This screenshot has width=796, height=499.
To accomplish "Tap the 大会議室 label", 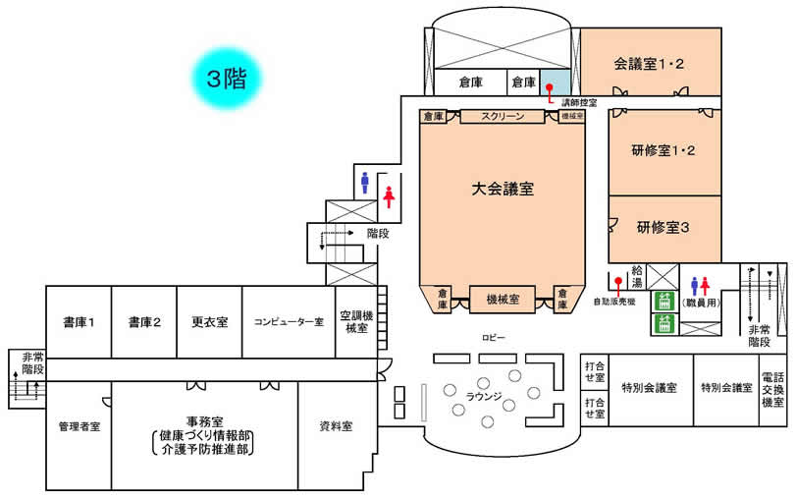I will point(503,190).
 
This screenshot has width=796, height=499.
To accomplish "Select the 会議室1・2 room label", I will point(649,64).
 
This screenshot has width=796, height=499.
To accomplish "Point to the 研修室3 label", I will point(664,227).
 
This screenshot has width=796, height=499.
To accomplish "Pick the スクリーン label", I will point(502,116).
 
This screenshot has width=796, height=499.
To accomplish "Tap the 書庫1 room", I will point(79,321).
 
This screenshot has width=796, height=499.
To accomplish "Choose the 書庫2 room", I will point(143,321).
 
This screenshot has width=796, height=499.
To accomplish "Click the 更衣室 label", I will point(209,321).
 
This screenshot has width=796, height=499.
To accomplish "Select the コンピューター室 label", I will point(289,321).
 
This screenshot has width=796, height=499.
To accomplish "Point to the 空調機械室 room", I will point(354,322).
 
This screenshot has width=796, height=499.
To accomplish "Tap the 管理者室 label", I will point(79,426).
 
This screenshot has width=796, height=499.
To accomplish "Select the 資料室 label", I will point(336,426).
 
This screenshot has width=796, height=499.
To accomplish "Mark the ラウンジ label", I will point(485,396).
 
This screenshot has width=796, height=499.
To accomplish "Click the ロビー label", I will point(493,337).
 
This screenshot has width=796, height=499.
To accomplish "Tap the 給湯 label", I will point(637,274).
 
